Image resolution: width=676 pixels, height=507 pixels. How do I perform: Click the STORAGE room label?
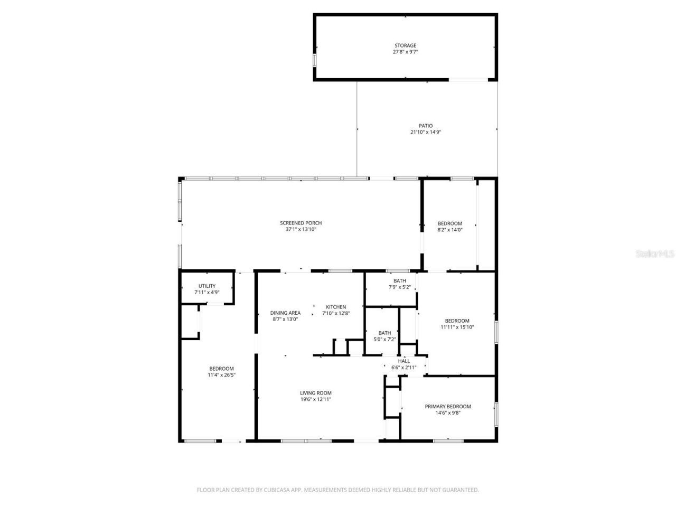(x=405, y=45)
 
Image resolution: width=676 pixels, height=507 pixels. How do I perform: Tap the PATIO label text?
(x=426, y=126)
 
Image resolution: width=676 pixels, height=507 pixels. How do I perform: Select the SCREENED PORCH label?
(x=301, y=223)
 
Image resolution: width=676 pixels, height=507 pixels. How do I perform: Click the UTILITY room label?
(x=206, y=286)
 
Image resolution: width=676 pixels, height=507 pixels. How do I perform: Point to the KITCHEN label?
(x=336, y=307)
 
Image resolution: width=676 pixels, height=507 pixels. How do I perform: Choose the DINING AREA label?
(x=285, y=313)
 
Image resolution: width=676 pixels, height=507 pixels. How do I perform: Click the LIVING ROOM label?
(x=316, y=393)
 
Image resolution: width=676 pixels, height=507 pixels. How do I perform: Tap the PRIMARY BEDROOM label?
(x=448, y=407)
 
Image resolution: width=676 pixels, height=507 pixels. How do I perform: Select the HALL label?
(x=403, y=361)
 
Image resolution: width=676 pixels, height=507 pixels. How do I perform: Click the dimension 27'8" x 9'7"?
(x=405, y=52)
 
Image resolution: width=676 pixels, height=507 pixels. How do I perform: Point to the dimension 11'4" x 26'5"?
(x=221, y=375)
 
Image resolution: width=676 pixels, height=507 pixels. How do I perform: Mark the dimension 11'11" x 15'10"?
(x=457, y=327)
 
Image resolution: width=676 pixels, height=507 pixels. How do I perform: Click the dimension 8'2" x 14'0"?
(x=450, y=230)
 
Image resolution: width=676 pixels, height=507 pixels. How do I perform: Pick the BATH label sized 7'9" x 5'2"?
(x=400, y=280)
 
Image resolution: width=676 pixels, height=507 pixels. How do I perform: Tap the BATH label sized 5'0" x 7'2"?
(x=384, y=333)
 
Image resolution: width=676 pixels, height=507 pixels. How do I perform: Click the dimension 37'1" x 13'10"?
(x=301, y=230)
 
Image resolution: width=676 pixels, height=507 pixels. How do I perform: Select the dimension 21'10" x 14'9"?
(x=426, y=133)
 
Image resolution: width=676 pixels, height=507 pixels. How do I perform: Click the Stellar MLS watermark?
(x=655, y=253)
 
